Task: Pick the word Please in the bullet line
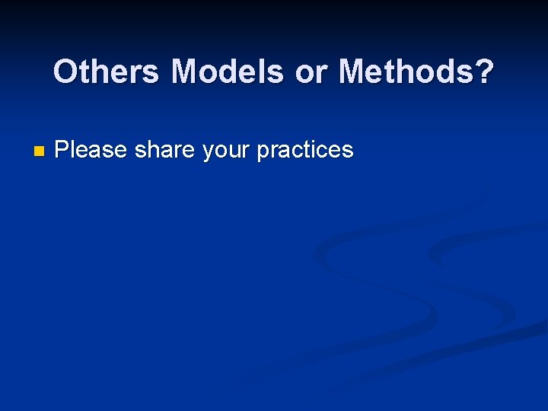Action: [91, 150]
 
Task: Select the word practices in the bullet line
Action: [305, 151]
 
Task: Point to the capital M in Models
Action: [185, 72]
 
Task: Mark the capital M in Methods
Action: [352, 72]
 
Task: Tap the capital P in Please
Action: [62, 150]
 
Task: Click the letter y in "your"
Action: [208, 152]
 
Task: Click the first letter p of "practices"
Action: [263, 152]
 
